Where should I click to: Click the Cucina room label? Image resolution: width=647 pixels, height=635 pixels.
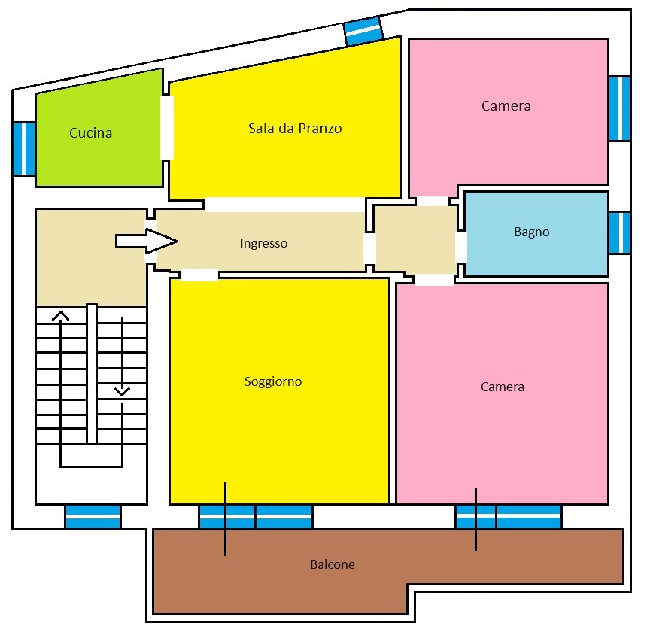[90, 133]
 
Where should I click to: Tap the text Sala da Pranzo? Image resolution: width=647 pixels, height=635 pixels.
[295, 129]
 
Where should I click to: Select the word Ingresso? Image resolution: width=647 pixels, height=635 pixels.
[263, 244]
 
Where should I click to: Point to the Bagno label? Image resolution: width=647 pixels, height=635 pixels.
[531, 232]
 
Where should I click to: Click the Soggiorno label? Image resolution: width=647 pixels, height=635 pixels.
[273, 381]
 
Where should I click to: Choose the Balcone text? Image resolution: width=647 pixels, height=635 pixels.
[333, 564]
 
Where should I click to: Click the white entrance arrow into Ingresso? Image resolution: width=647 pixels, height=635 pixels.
[147, 241]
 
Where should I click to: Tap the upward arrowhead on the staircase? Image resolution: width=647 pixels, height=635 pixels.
[61, 316]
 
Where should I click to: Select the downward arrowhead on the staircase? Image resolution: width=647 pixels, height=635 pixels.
[122, 391]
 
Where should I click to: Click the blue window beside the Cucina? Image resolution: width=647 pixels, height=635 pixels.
[24, 148]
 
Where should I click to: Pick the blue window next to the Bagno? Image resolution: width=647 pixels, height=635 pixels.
[619, 232]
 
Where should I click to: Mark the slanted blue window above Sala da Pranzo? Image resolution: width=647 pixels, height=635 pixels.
[364, 30]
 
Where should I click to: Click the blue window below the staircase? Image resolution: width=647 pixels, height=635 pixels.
[93, 517]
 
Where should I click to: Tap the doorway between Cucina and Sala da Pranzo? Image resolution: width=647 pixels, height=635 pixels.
[167, 127]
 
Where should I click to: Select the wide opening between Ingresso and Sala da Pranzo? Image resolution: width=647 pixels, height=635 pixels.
[284, 204]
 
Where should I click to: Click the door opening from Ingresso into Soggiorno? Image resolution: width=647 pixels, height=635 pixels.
[199, 275]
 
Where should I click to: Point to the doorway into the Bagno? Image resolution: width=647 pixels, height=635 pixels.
[461, 247]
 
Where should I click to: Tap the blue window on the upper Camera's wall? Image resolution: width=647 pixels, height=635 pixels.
[619, 108]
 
